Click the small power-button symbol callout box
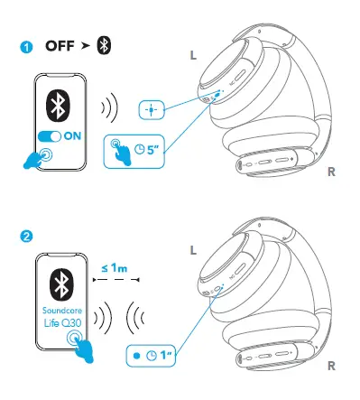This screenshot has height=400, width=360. (x=152, y=109)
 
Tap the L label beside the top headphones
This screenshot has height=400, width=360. (x=192, y=55)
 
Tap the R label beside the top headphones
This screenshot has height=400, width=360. (x=333, y=170)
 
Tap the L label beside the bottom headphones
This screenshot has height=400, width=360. (x=192, y=249)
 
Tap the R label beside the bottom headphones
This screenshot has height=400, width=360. (x=333, y=367)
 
